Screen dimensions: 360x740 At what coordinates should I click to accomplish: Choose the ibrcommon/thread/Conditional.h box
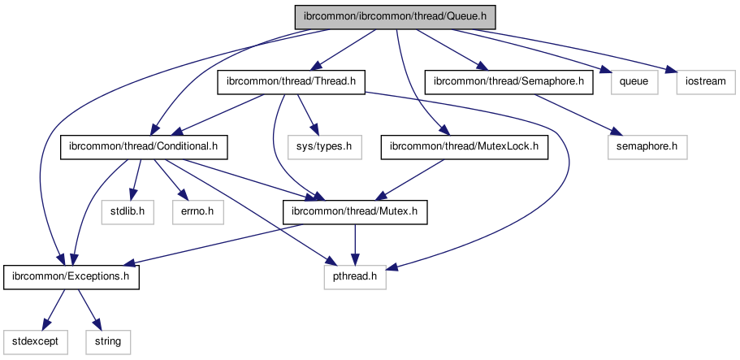144,147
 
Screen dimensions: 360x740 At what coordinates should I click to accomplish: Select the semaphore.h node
647,147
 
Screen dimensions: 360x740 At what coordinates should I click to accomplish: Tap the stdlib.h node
128,212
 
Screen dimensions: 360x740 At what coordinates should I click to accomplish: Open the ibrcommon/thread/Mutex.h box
353,212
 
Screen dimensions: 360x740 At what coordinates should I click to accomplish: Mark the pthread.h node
355,277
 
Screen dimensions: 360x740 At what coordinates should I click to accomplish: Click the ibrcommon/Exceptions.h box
71,277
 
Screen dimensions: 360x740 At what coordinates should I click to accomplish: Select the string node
108,341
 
